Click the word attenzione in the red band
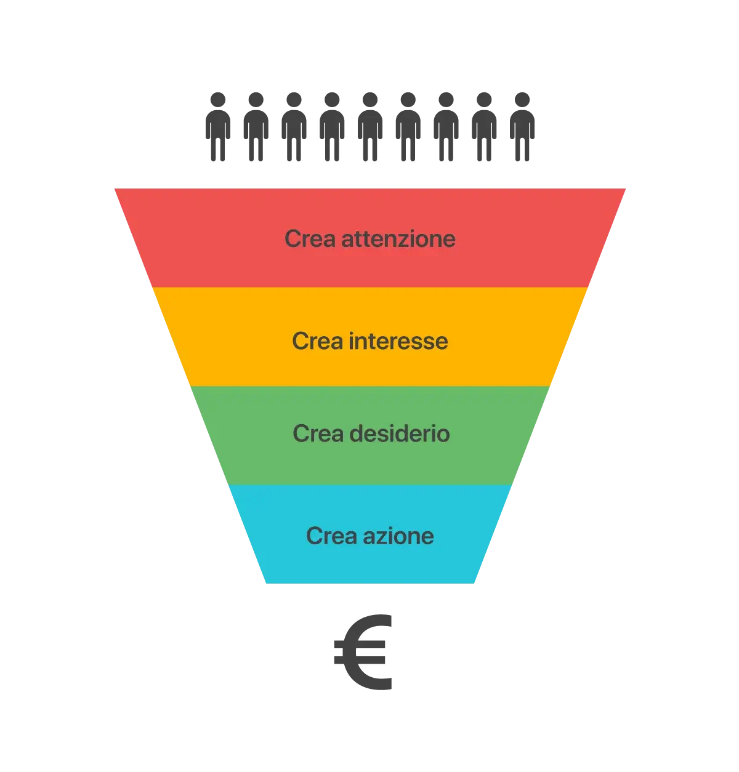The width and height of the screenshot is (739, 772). tap(398, 239)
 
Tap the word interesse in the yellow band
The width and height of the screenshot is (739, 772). tap(398, 341)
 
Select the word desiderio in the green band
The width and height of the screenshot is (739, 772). tap(400, 434)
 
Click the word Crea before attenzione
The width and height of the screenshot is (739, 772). tap(310, 239)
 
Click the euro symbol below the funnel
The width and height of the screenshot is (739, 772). tap(363, 653)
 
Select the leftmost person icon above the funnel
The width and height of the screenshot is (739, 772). tap(217, 126)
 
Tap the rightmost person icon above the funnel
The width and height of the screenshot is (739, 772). tap(522, 126)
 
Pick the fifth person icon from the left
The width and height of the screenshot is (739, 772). tap(369, 126)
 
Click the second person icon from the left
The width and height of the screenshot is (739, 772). tap(255, 126)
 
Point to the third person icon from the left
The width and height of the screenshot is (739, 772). tap(294, 126)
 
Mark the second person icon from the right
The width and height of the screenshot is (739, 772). tap(483, 126)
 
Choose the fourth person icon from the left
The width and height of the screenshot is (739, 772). tap(331, 126)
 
